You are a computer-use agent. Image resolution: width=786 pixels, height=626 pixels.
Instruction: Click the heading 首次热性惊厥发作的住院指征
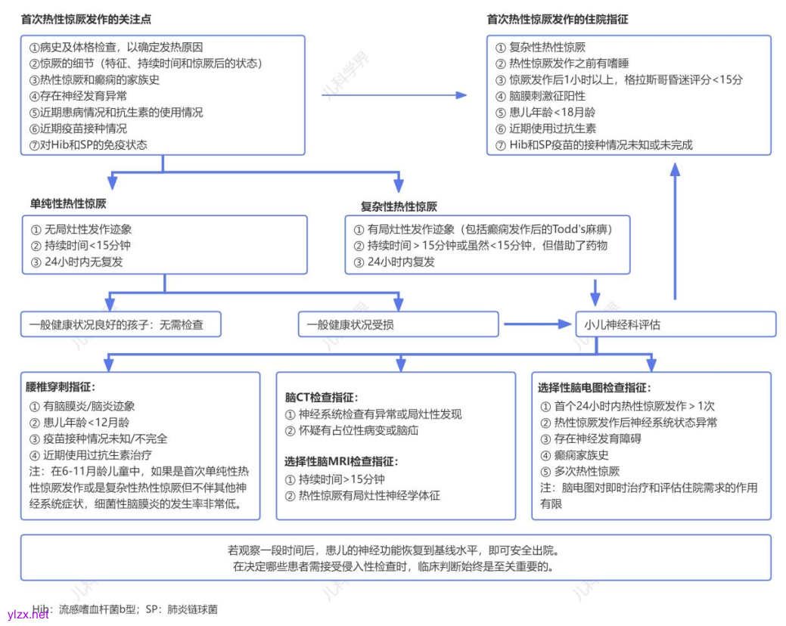pyautogui.click(x=558, y=19)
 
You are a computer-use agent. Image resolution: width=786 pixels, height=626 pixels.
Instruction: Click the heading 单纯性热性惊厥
pyautogui.click(x=68, y=203)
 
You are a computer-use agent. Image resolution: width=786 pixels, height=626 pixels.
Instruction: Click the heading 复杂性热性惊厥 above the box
pyautogui.click(x=399, y=206)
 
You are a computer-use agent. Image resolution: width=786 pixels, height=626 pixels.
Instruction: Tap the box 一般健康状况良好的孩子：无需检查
pyautogui.click(x=122, y=325)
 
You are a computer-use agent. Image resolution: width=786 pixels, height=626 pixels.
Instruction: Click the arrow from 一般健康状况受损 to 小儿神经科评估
pyautogui.click(x=537, y=324)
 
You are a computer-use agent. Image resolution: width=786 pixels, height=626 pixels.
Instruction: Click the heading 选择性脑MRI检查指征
pyautogui.click(x=341, y=461)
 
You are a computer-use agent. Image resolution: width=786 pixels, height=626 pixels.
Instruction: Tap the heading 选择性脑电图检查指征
pyautogui.click(x=594, y=388)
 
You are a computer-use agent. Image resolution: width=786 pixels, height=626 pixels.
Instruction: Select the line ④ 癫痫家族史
pyautogui.click(x=575, y=455)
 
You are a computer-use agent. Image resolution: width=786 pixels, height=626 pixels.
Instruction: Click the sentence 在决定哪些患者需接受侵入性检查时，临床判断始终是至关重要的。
pyautogui.click(x=395, y=566)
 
